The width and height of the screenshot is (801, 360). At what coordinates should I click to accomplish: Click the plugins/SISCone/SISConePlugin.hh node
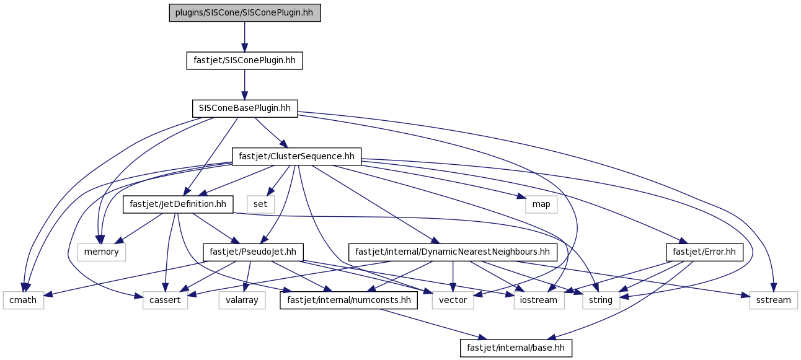point(245,13)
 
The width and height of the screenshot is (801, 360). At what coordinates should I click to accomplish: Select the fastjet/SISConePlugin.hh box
point(245,61)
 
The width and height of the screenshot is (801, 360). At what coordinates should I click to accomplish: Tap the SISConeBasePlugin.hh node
point(245,108)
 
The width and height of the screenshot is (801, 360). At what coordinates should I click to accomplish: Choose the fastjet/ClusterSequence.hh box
point(296,157)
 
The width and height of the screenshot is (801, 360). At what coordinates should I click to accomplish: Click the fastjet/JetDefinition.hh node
point(178,204)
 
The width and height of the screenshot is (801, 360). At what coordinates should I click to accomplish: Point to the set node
point(260,204)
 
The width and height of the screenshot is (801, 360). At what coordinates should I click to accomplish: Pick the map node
point(541,204)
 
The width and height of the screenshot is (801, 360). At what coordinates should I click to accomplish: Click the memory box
point(102,252)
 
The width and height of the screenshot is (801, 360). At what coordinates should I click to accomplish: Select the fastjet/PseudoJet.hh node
point(253,252)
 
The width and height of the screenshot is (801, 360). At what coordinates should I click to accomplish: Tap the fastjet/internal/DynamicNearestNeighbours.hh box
point(453,252)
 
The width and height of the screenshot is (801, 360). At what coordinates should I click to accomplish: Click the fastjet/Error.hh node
point(704,252)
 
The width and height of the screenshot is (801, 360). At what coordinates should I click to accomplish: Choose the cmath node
point(23,301)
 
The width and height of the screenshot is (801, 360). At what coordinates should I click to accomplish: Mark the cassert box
point(165,301)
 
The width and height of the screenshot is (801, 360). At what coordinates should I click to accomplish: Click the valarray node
point(242,301)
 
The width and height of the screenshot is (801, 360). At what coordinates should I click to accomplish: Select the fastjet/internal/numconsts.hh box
point(348,301)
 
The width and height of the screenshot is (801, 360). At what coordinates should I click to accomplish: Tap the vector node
point(453,301)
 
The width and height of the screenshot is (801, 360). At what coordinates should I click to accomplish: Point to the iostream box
point(539,301)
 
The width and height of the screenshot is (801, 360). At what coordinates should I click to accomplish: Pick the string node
point(601,301)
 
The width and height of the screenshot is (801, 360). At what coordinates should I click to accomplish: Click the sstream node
point(774,301)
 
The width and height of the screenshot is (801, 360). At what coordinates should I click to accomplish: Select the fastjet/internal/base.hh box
point(516,348)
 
